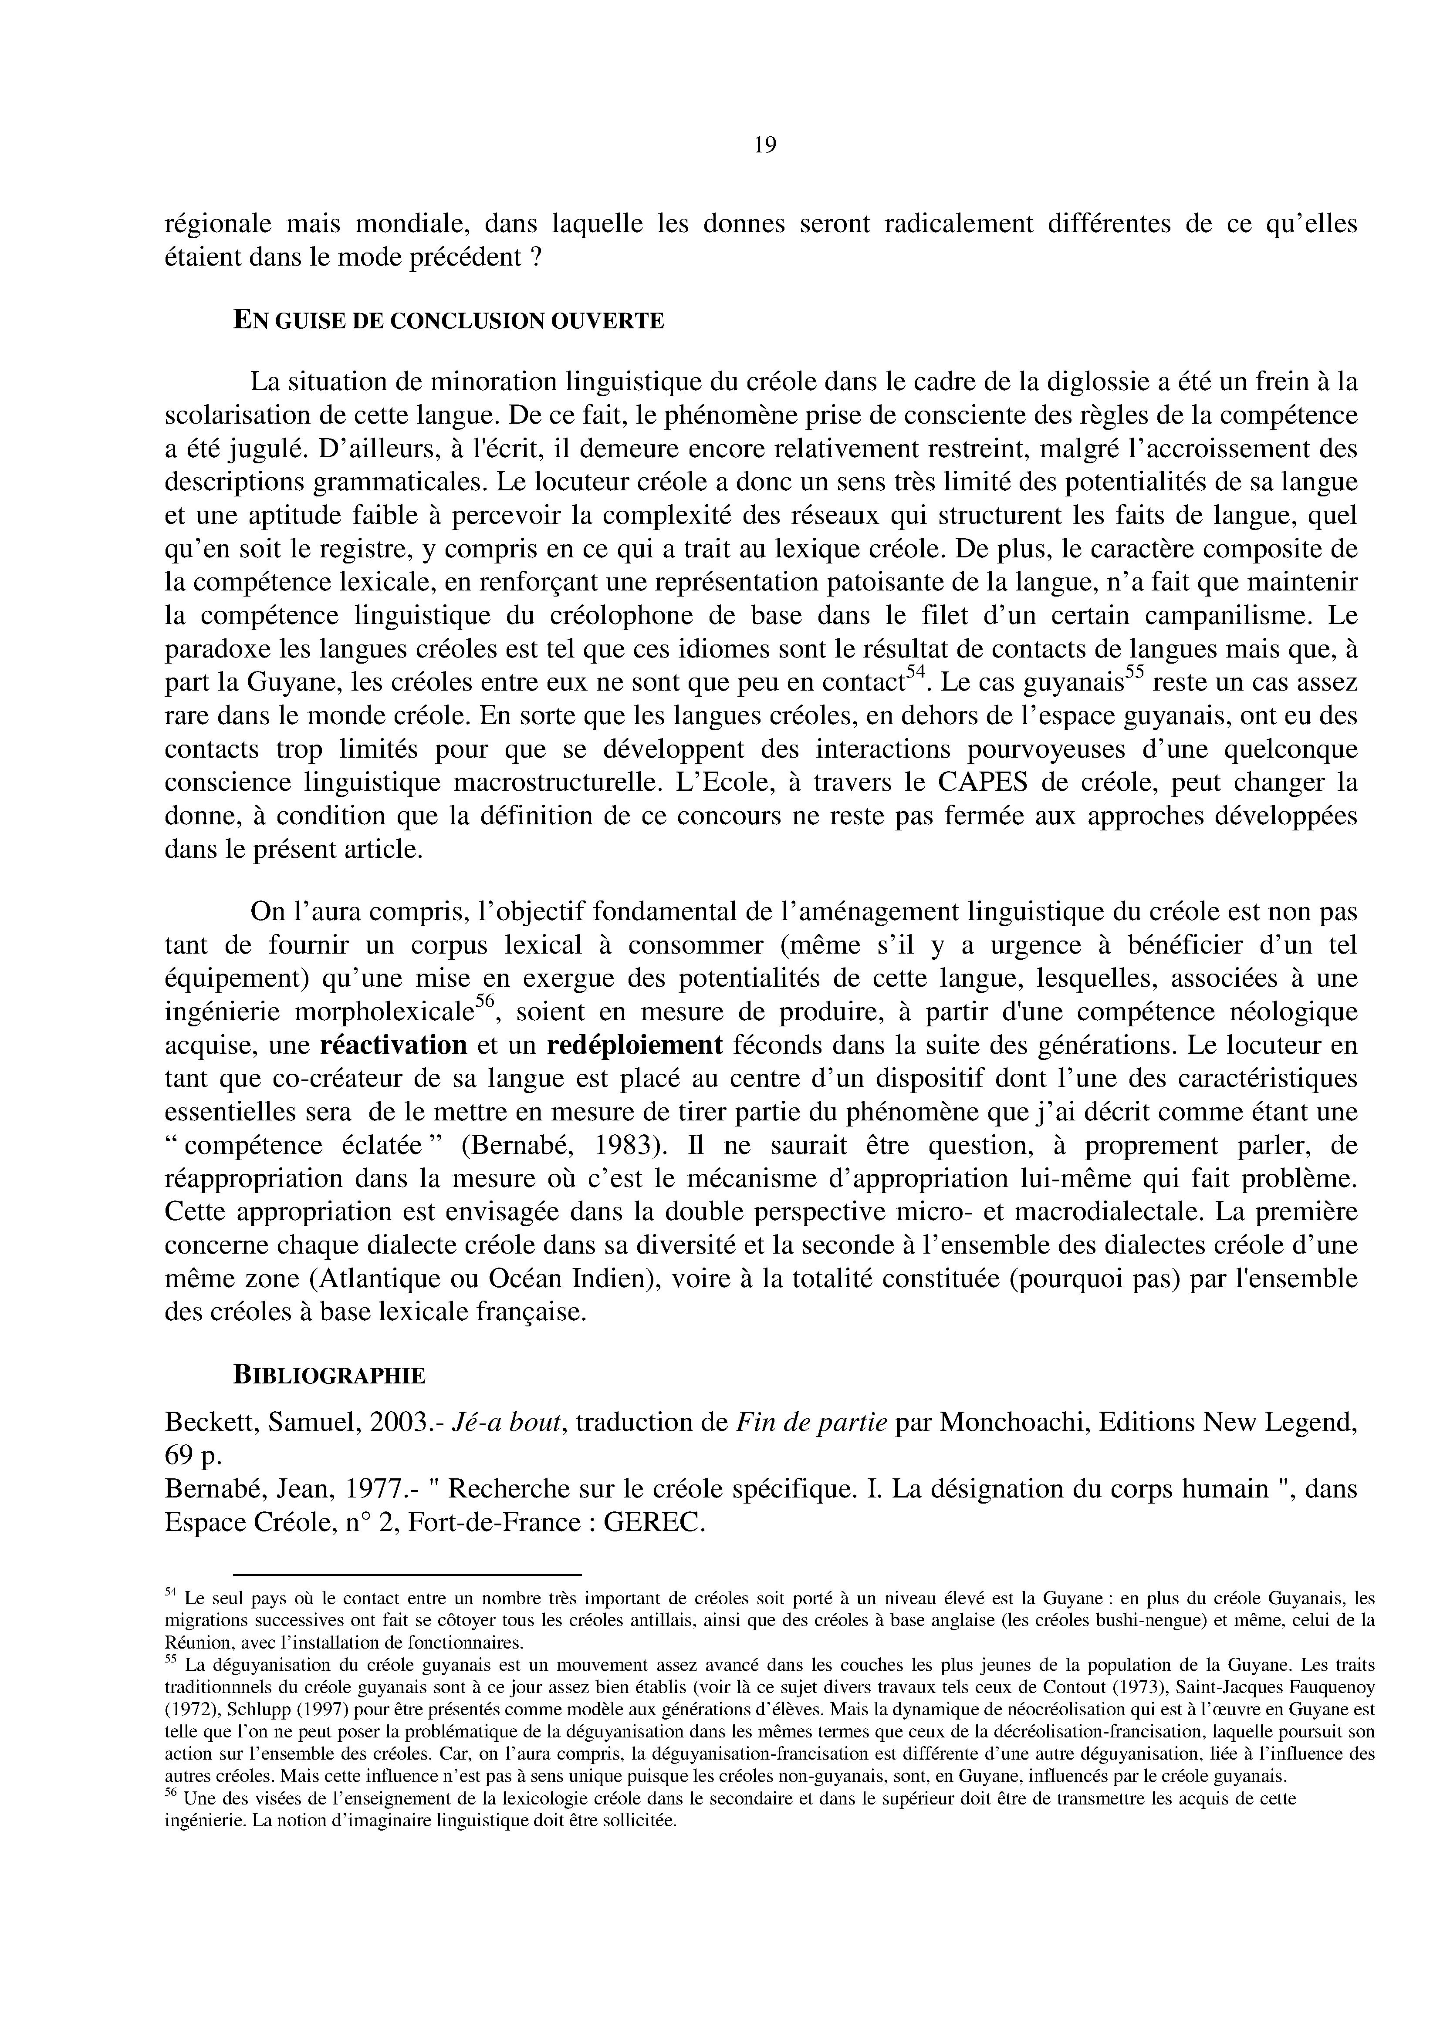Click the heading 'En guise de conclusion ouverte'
448,320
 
